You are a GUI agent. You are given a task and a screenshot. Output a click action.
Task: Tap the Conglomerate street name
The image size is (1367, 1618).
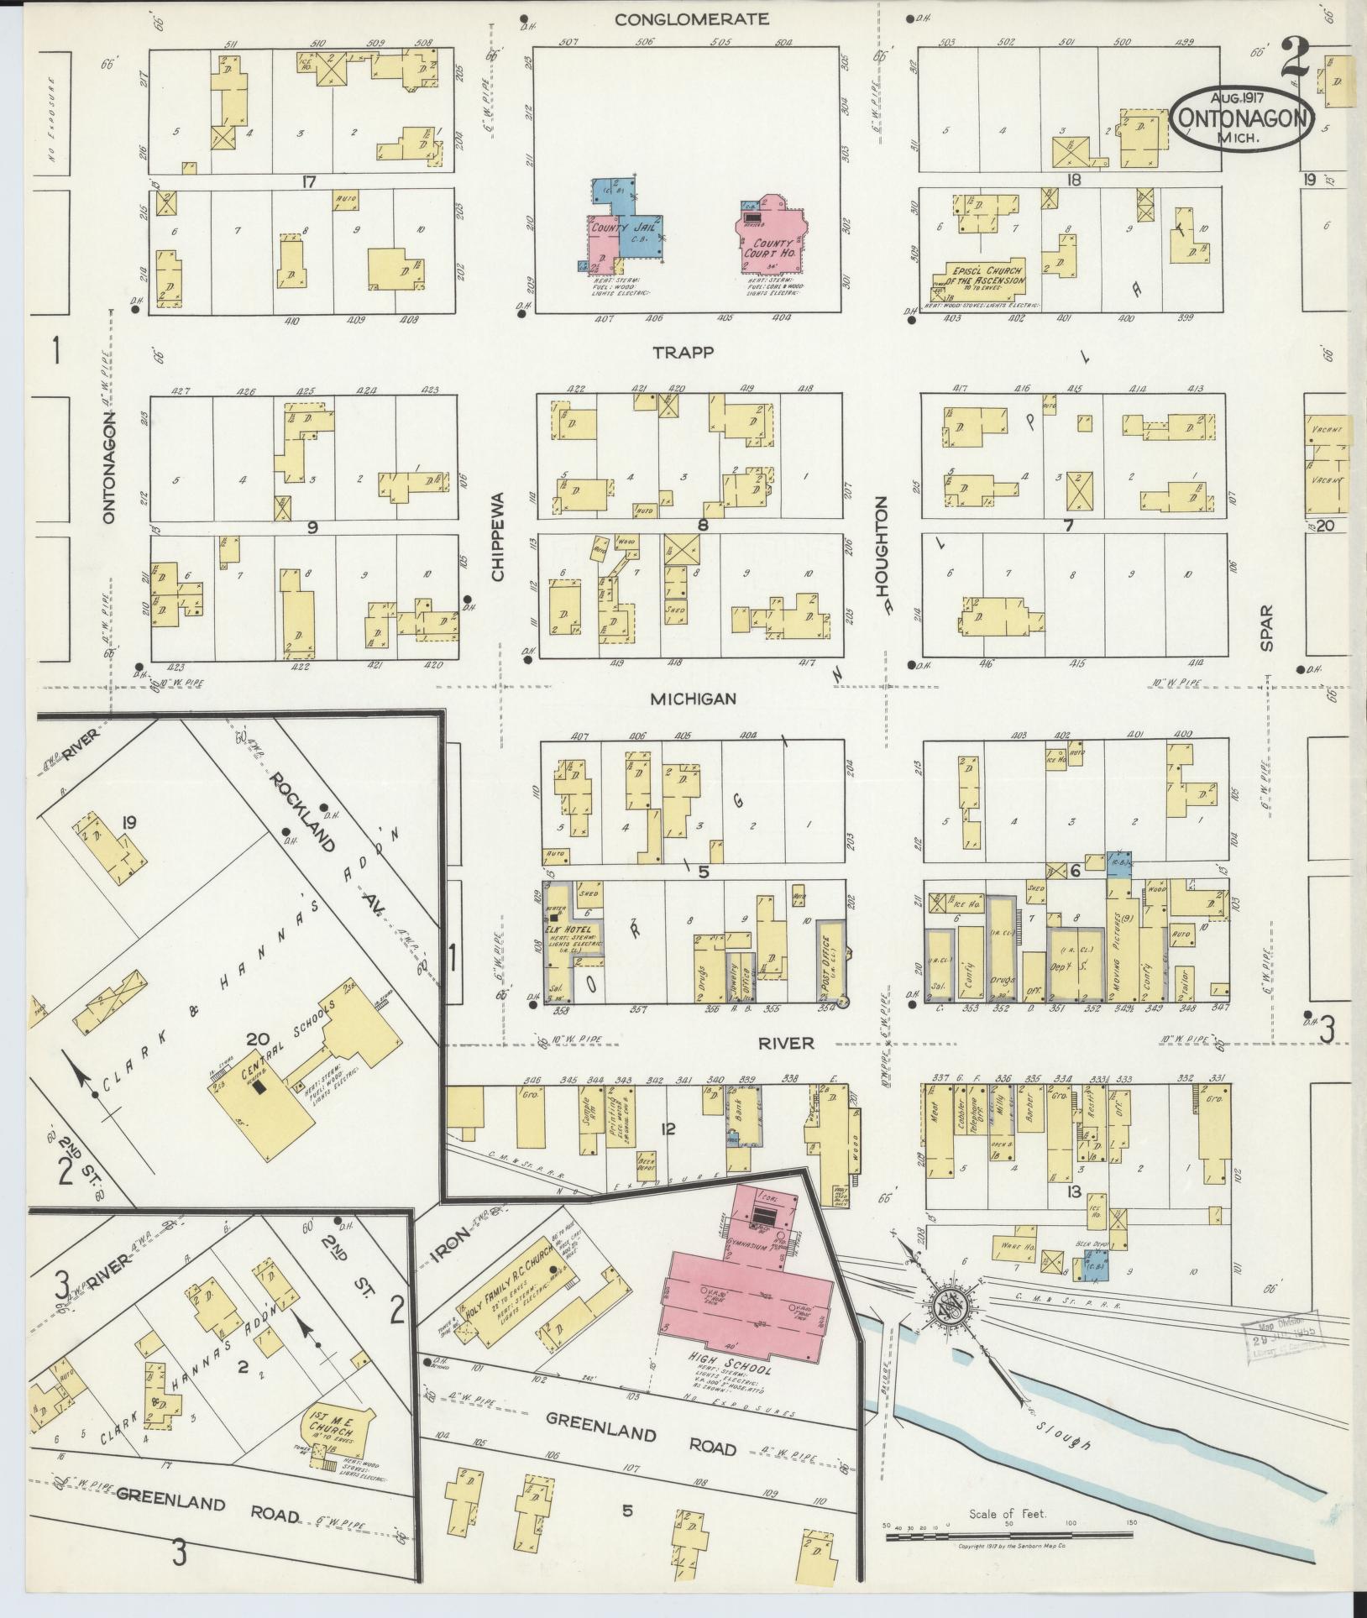click(x=691, y=18)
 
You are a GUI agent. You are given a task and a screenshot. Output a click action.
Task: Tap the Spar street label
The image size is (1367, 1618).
click(x=1266, y=627)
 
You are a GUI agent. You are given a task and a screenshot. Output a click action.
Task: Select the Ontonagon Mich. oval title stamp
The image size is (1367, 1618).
click(x=1242, y=120)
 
